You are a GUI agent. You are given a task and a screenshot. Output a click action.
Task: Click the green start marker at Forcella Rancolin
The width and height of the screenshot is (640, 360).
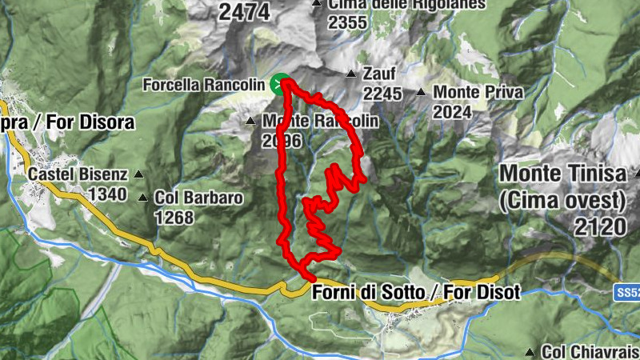(x=279, y=83)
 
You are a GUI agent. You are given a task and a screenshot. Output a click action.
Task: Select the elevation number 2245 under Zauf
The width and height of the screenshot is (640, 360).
(x=382, y=94)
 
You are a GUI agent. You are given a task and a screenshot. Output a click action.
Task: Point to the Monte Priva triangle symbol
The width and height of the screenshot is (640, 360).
(x=421, y=92)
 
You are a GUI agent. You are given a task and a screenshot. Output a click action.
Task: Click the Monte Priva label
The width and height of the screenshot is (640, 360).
(x=478, y=92)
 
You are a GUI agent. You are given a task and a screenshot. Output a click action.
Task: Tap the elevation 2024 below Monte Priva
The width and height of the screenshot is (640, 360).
(x=452, y=112)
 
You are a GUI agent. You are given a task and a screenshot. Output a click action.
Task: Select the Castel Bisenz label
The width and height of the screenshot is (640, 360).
(x=77, y=174)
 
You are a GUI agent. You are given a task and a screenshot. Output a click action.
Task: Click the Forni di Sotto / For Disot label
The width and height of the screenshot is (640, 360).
(x=416, y=293)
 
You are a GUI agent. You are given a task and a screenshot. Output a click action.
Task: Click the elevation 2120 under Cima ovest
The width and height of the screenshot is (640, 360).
(x=599, y=226)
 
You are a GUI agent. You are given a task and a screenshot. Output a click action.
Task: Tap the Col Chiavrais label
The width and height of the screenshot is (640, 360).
(x=590, y=352)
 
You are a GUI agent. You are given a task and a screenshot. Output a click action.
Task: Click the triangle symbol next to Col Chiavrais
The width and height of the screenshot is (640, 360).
(x=530, y=352)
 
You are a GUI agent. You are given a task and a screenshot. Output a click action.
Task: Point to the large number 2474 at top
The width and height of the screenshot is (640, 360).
(x=245, y=11)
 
